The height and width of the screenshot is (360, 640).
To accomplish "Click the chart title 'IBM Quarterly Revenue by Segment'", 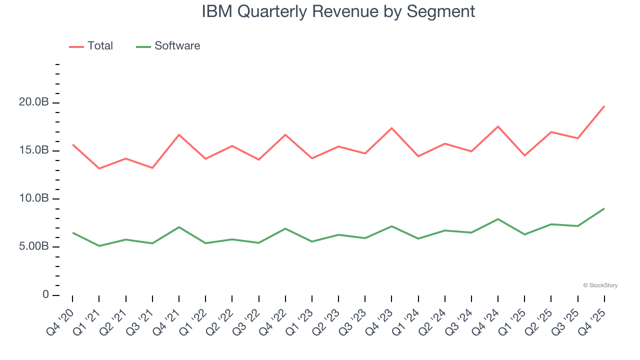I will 338,11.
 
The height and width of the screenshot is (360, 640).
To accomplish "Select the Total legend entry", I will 91,46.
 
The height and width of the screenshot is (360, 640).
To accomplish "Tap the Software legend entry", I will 168,46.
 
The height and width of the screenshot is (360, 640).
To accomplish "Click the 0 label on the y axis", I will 45,294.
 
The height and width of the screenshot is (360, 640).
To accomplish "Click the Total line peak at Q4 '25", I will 604,106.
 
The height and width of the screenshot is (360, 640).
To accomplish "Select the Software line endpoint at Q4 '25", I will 604,208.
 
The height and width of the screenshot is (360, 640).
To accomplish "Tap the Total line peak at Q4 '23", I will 391,128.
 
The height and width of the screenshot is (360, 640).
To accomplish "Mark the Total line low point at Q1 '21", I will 99,168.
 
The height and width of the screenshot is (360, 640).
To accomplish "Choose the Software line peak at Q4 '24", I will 498,219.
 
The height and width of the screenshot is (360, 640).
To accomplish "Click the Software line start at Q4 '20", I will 72,232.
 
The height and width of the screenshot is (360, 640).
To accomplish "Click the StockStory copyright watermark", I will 600,285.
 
